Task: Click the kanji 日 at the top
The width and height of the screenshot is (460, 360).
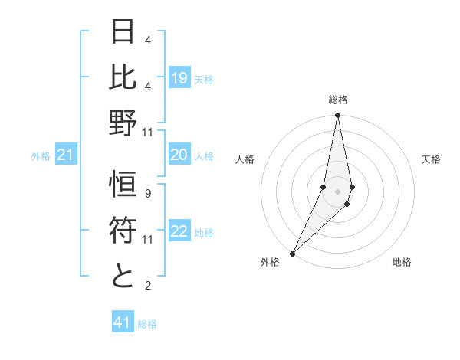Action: pos(123,32)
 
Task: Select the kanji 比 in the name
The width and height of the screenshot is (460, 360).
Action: pos(123,77)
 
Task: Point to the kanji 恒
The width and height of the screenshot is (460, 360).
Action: pos(123,186)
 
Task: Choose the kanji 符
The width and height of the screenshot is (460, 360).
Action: pos(123,231)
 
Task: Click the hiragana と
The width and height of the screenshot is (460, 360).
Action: pos(123,276)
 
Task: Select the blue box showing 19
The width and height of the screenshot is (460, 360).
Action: pos(179,78)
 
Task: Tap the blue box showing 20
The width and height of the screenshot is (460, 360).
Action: pos(179,155)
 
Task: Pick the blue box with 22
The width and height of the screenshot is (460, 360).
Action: pos(179,232)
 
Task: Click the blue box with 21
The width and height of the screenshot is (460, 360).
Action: pos(66,156)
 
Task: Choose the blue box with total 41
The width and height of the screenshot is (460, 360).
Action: pos(123,322)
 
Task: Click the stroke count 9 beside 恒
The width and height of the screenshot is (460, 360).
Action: pos(147,194)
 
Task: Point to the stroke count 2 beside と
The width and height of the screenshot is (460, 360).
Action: pos(147,286)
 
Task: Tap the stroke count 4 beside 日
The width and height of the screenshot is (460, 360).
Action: pos(147,41)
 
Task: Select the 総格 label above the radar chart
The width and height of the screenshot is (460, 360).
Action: pos(337,100)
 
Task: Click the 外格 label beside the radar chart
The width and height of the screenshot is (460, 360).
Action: pos(270,262)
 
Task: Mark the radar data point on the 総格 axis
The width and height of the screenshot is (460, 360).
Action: pos(337,116)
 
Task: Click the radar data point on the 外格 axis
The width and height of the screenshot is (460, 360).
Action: pos(293,253)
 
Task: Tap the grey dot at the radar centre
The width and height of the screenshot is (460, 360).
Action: pos(337,191)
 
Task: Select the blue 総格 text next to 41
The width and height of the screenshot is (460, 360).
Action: pos(147,324)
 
